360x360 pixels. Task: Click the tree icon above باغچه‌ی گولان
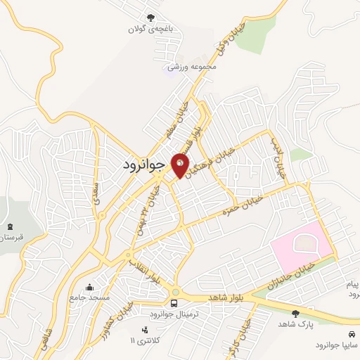click(x=149, y=17)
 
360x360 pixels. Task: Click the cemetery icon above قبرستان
click(x=10, y=227)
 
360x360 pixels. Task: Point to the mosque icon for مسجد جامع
click(x=89, y=287)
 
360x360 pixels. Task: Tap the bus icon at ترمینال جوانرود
click(x=174, y=302)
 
